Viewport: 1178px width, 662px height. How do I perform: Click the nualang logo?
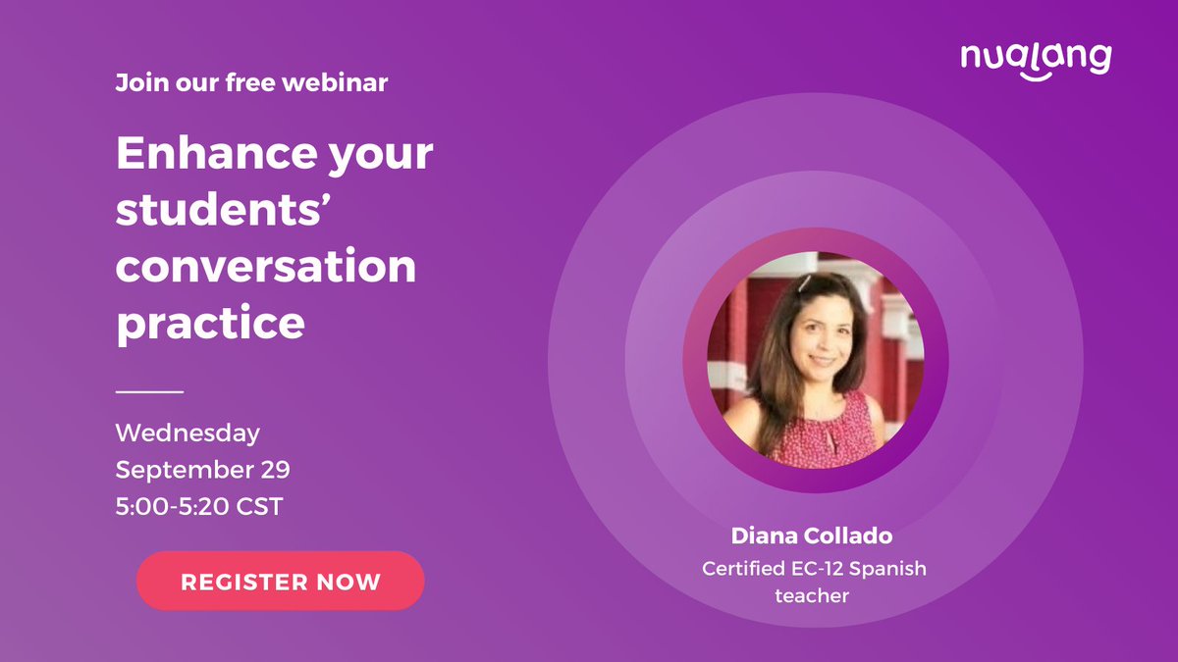click(1036, 59)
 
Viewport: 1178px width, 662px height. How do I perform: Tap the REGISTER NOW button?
click(280, 581)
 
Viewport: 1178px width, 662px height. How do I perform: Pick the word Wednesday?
click(187, 433)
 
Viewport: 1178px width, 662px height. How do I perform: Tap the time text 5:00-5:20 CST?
click(199, 508)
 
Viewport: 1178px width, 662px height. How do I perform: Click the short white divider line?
click(149, 391)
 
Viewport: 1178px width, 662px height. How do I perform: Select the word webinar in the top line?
click(341, 83)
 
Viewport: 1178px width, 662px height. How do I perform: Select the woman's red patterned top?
click(826, 432)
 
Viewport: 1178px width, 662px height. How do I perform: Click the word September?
click(179, 470)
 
